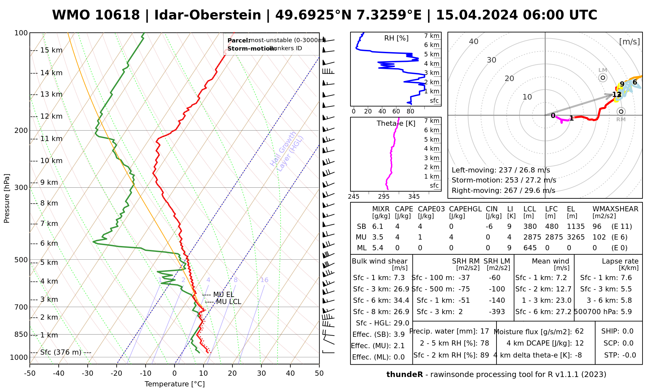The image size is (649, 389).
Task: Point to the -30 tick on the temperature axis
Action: (88, 373)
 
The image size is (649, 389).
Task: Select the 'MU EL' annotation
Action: (223, 295)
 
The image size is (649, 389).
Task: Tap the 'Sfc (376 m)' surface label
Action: (61, 352)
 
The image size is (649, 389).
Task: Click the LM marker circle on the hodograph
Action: (603, 77)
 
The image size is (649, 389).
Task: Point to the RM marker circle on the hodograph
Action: (621, 112)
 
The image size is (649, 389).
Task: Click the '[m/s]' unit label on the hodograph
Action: (630, 41)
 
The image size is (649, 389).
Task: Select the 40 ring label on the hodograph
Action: (474, 41)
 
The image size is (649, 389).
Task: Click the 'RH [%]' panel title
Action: (396, 38)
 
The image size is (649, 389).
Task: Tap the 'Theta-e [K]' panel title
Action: (396, 124)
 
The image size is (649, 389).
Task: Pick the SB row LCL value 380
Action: (530, 227)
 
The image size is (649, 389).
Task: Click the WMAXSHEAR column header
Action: (615, 209)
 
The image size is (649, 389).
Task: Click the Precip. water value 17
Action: (484, 331)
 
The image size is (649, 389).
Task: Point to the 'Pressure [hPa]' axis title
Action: (7, 198)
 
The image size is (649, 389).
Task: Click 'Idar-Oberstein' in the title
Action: (208, 15)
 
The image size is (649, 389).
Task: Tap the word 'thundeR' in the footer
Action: (405, 375)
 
